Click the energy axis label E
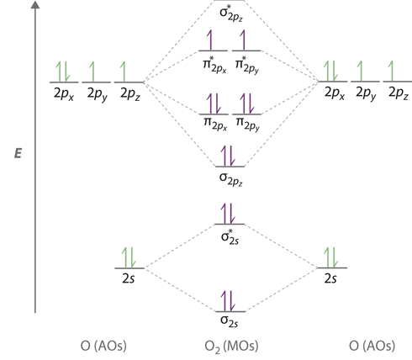pos(18,154)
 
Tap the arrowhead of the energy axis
pos(35,5)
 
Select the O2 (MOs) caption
pos(231,347)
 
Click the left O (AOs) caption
pos(103,346)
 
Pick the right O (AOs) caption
pos(372,346)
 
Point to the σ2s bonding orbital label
pos(230,321)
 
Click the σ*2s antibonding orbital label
pos(230,237)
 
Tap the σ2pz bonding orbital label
pos(231,179)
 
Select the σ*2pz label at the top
pos(231,13)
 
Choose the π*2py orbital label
pos(247,65)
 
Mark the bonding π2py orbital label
pos(248,124)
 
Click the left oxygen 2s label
pos(129,278)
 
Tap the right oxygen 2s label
pos(330,278)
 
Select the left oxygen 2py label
pos(98,94)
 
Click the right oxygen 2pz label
pos(399,93)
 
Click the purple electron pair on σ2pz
pos(228,156)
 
